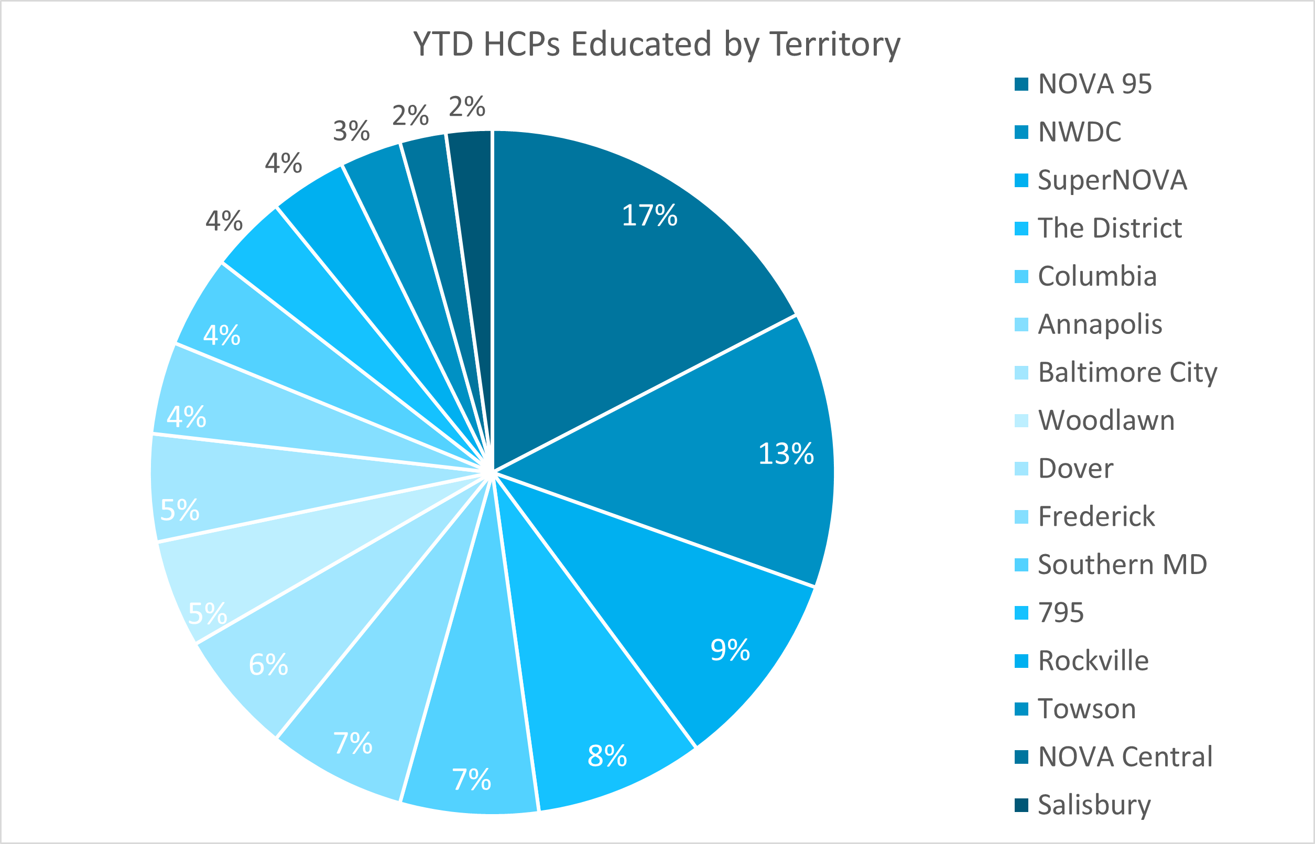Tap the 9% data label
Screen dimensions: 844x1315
tap(730, 651)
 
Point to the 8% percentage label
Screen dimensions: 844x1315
tap(607, 756)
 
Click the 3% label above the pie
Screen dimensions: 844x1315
tap(351, 131)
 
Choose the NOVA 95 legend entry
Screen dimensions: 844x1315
tap(1094, 84)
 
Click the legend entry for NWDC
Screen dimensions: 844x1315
tap(1079, 132)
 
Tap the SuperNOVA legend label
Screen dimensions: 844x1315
tap(1112, 180)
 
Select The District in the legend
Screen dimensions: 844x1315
tap(1110, 228)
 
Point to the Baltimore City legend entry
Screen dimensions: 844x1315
tap(1127, 373)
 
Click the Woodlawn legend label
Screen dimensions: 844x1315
tap(1106, 420)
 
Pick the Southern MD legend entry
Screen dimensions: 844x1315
tap(1122, 565)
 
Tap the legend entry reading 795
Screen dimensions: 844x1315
tap(1061, 613)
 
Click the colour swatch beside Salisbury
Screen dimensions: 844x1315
tap(1021, 806)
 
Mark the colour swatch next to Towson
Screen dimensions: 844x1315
tap(1021, 709)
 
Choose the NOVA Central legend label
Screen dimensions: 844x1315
tap(1125, 757)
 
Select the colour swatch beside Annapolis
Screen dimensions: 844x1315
tap(1021, 324)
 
